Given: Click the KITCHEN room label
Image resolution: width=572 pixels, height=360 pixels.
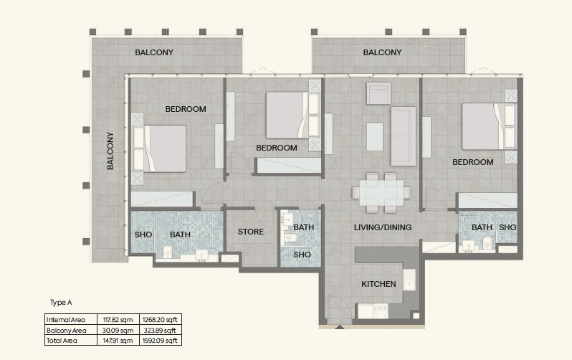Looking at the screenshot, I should click(x=378, y=284).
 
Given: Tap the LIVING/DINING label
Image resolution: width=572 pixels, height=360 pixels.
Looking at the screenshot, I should click(x=382, y=227).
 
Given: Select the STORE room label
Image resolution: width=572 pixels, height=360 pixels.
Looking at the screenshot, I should click(x=250, y=232).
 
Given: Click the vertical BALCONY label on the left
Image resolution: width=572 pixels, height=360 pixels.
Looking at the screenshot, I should click(x=110, y=151).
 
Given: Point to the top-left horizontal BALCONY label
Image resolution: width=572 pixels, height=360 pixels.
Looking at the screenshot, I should click(x=154, y=52).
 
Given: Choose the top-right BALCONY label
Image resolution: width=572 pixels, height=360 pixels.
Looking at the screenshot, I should click(x=382, y=52).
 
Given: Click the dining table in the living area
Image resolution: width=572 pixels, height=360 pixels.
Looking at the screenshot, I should click(x=381, y=192).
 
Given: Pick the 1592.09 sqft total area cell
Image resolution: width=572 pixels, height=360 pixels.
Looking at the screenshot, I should click(x=159, y=341).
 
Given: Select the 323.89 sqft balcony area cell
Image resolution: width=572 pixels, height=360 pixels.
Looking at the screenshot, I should click(x=159, y=331).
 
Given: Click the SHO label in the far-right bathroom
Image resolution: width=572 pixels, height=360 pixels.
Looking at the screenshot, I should click(x=507, y=227).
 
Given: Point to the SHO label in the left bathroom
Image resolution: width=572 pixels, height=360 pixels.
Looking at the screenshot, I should click(x=143, y=235).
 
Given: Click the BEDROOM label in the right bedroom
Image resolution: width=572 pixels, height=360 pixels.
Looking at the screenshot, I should click(x=472, y=162).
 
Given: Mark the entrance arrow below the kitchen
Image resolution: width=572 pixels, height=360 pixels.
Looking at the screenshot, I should click(x=340, y=326).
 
